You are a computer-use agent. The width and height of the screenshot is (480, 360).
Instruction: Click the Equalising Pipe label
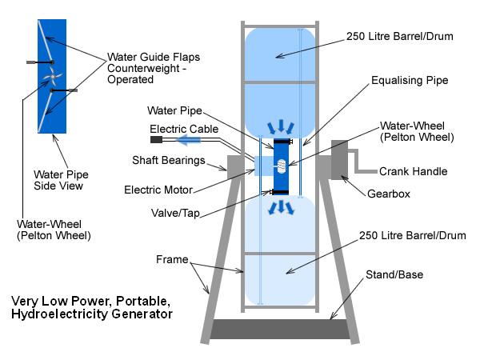point(410,81)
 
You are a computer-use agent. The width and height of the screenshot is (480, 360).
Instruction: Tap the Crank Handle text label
point(413,171)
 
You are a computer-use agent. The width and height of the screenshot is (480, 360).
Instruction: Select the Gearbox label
point(389,194)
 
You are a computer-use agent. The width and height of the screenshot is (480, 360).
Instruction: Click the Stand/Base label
point(394,274)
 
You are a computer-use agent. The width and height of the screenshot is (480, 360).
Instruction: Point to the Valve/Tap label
point(175,213)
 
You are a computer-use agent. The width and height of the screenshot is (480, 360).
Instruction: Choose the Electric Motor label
point(158,190)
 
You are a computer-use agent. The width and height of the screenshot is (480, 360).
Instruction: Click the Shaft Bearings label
point(168,161)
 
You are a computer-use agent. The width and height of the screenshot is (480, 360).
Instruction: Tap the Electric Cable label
point(184,129)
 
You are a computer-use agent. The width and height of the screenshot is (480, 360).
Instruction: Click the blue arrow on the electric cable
point(189,140)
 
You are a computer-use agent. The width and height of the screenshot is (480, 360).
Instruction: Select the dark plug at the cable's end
point(156,140)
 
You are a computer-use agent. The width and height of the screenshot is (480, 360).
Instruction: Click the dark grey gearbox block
point(339,160)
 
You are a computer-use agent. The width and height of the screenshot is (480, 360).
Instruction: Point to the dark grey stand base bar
point(280,329)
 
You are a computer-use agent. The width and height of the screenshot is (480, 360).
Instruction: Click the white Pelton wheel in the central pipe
point(282,166)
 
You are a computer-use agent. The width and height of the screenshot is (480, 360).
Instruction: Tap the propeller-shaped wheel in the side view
point(53,78)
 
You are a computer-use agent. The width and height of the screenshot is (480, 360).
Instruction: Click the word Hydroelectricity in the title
point(59,314)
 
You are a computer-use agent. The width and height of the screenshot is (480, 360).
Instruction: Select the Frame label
point(172,259)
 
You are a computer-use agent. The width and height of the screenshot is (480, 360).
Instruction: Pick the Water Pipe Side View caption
point(61,180)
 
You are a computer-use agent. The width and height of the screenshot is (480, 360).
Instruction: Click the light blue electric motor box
point(264,166)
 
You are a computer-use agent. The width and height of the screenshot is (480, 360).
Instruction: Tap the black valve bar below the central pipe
point(280,192)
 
